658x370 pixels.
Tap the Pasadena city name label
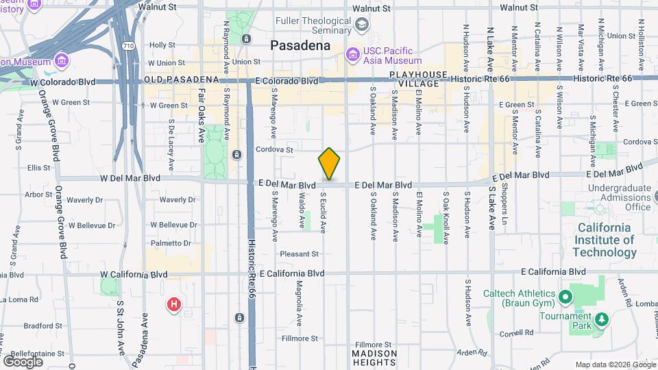coord(300,45)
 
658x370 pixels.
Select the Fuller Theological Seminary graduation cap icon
coord(361,26)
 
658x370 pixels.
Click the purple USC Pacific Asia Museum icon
coord(352,53)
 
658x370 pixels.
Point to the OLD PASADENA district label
coord(181,80)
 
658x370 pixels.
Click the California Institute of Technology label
coord(606,240)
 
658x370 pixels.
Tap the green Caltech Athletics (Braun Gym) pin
coord(565,297)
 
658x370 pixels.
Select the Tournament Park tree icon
coord(601,319)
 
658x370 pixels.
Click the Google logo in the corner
coord(23,361)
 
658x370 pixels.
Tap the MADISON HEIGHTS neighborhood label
coord(374,357)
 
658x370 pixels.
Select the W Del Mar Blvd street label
coord(130,177)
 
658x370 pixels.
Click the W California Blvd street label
coord(134,274)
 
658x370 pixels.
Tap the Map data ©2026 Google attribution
coord(614,365)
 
